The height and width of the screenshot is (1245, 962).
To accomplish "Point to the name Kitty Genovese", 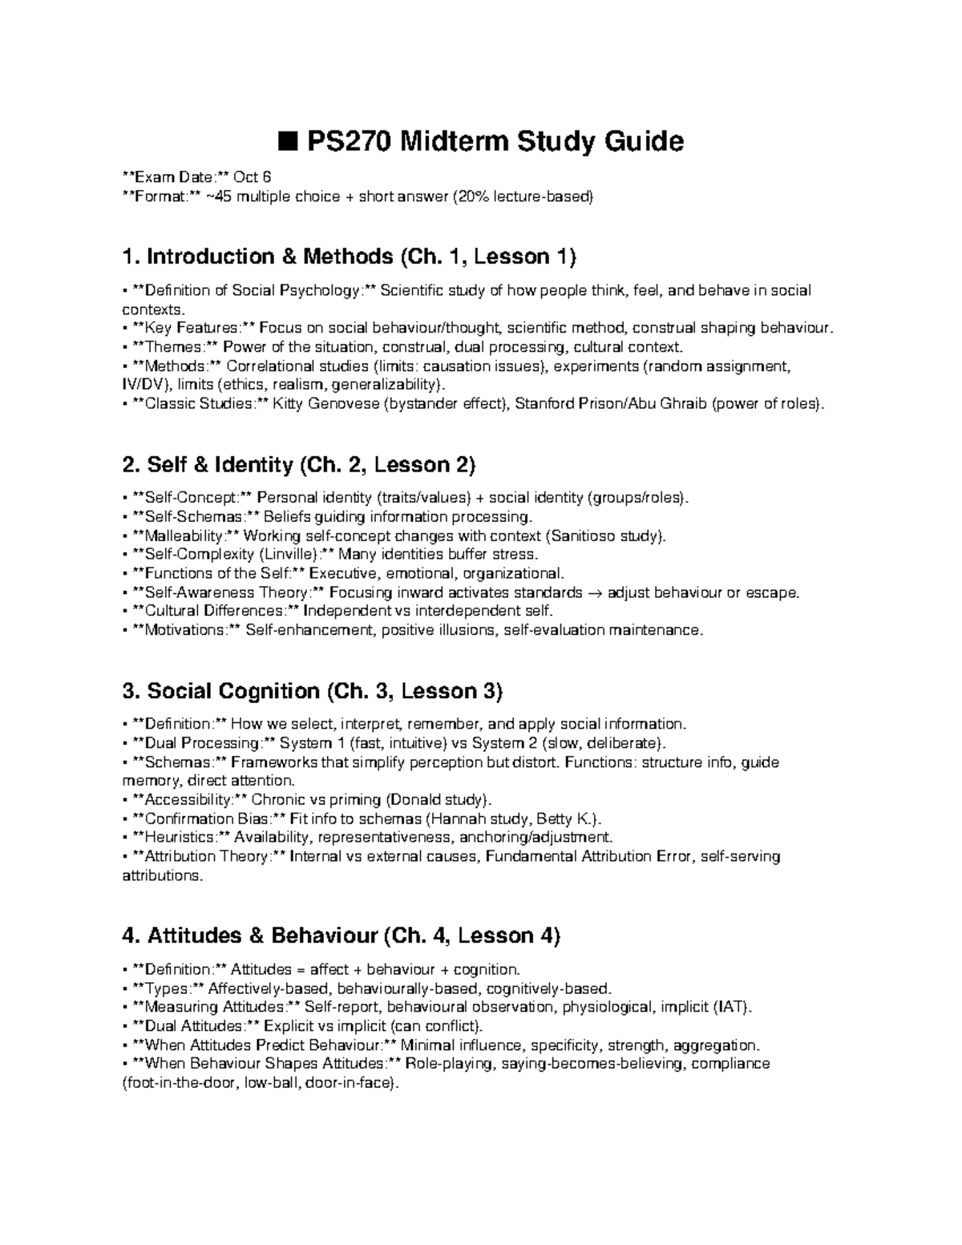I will click(x=326, y=404).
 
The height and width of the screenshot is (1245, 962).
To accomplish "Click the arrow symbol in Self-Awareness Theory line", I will click(x=596, y=593).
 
